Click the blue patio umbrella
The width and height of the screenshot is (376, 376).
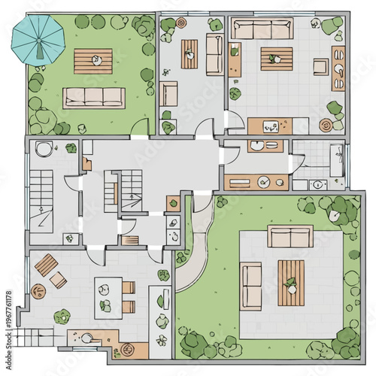coord(37,40)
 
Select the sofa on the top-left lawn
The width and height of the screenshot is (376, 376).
coord(94,97)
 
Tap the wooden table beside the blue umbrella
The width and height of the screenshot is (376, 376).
coord(93,61)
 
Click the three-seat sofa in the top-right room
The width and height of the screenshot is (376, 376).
coord(262,29)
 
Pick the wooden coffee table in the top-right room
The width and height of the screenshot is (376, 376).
coord(276,59)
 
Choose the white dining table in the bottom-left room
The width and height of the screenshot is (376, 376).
coord(107,298)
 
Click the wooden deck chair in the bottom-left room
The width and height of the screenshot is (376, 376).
coord(48,265)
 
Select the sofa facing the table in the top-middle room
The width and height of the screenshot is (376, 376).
coord(214,54)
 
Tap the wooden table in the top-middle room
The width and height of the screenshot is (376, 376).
coord(190,53)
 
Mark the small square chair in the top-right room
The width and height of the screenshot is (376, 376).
coord(321,67)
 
